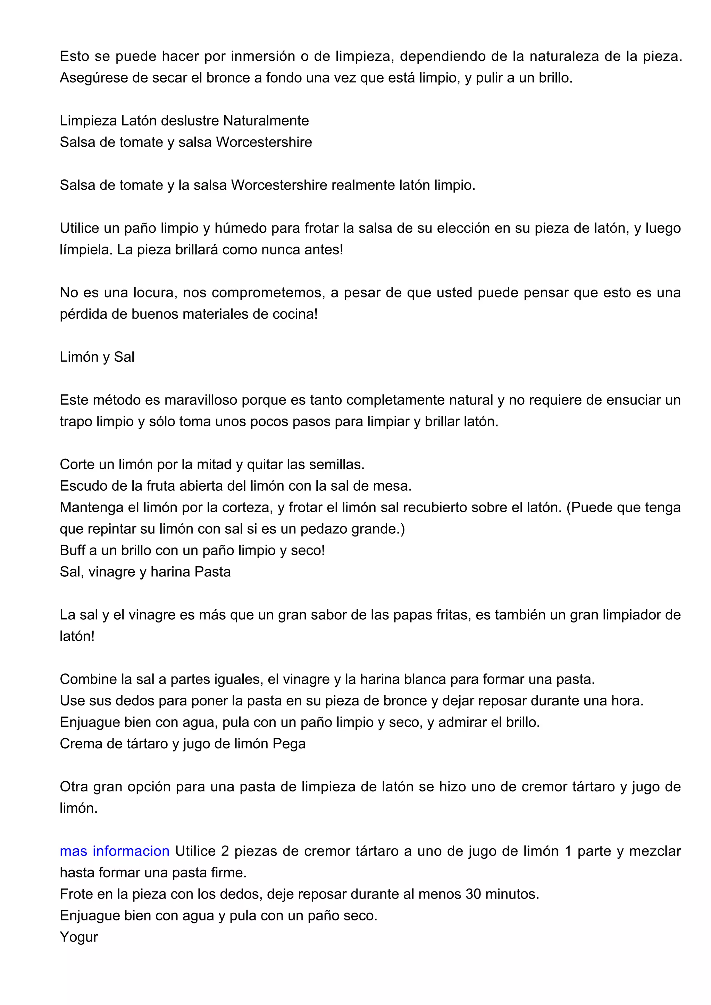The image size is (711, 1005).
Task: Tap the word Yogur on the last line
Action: tap(79, 937)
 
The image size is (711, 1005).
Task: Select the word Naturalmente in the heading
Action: tap(266, 120)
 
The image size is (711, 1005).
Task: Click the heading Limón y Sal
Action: tap(97, 357)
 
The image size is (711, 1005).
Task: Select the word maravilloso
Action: tap(201, 400)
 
